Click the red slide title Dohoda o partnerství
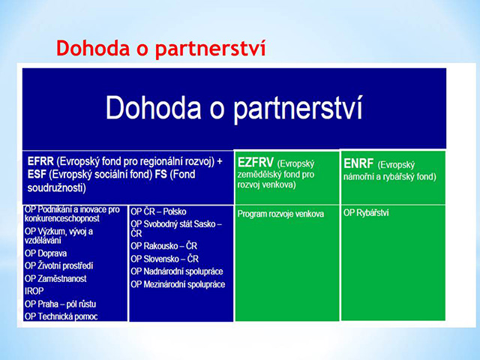[161, 49]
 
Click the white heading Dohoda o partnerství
[234, 108]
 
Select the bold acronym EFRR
[40, 161]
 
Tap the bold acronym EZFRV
[255, 163]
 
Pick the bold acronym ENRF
[358, 163]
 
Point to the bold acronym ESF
[37, 174]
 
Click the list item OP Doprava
[46, 253]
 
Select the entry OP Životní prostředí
[58, 265]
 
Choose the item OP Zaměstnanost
[55, 278]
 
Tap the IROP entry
[34, 291]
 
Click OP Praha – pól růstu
[60, 304]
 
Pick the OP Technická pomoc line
[61, 316]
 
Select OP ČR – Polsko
[158, 211]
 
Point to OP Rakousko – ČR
[163, 246]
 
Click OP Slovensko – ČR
[165, 259]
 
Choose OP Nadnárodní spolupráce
[177, 271]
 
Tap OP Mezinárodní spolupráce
[178, 284]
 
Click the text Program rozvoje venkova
[280, 214]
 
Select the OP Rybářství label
[366, 213]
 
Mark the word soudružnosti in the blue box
[57, 187]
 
